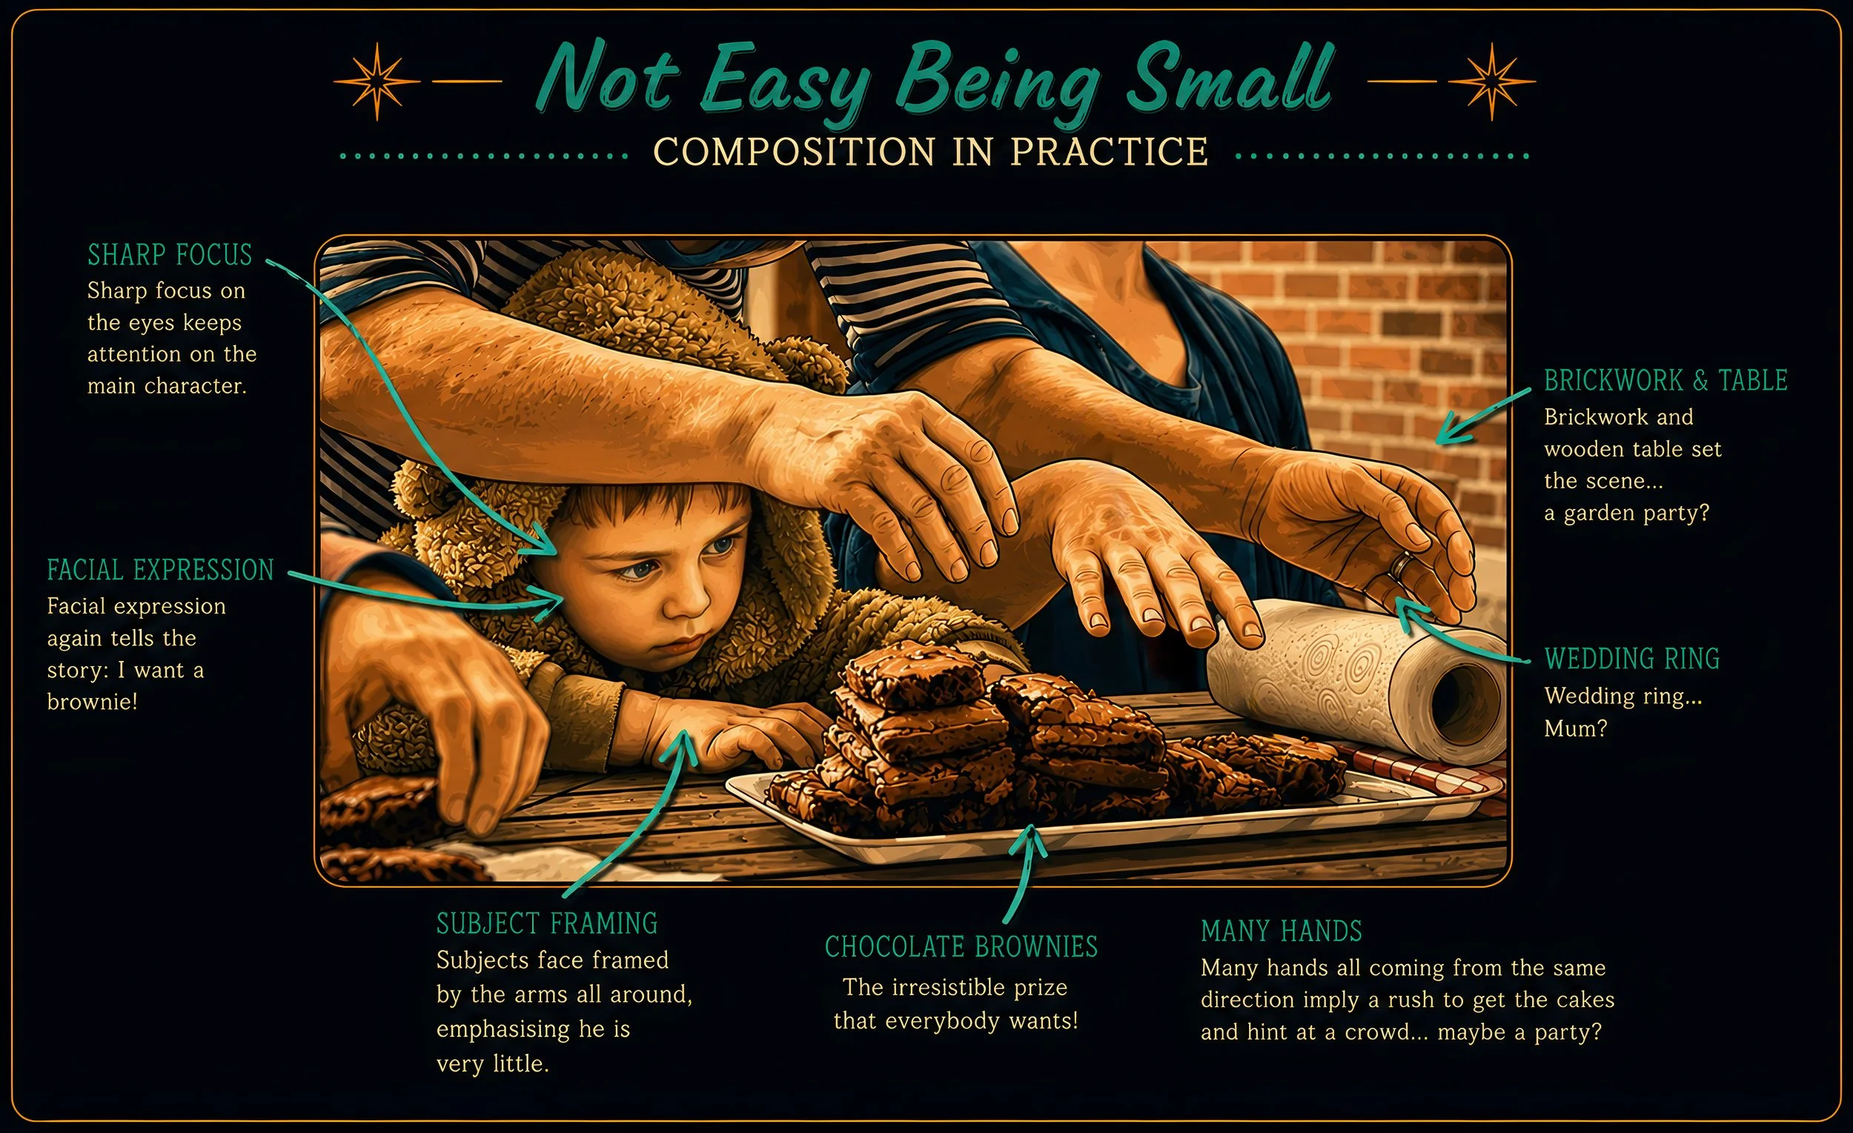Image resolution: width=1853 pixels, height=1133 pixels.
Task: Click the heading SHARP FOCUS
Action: [170, 256]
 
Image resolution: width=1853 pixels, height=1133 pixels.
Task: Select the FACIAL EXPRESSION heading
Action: [160, 571]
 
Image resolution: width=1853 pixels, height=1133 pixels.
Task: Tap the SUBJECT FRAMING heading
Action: [547, 924]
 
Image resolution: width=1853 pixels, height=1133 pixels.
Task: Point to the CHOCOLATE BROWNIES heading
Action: [961, 947]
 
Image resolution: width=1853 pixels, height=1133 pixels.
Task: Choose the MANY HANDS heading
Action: [1282, 931]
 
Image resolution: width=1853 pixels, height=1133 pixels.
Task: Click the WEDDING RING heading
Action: [1632, 659]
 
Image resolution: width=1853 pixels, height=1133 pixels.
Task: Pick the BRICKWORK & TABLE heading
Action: [1665, 381]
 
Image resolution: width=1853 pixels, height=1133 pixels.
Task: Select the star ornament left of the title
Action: [377, 82]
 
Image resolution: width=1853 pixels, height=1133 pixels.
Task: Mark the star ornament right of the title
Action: [1492, 82]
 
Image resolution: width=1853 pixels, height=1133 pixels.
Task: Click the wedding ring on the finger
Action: [1400, 565]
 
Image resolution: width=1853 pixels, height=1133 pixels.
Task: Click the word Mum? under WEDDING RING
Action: [1576, 729]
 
